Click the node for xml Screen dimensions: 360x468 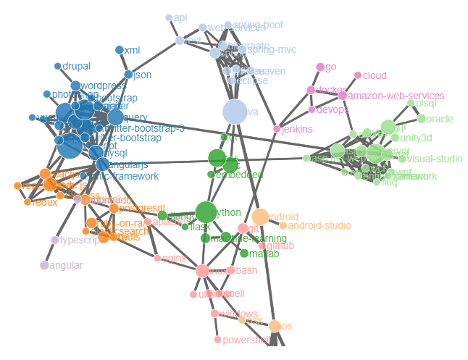tap(120, 50)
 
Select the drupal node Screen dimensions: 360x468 tap(58, 67)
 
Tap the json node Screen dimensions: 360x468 tap(128, 75)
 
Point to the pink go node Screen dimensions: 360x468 tap(320, 67)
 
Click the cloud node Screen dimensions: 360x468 tap(358, 75)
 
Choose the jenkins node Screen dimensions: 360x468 tap(276, 129)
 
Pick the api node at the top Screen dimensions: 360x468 tap(169, 17)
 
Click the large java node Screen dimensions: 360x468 tap(234, 112)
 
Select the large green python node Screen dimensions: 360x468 tap(206, 212)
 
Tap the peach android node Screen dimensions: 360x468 tap(261, 217)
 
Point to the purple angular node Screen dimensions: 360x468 tap(44, 265)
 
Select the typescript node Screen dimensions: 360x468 tap(55, 240)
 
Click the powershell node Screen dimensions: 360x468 tap(217, 339)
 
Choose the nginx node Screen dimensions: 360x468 tap(157, 258)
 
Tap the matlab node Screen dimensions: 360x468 tap(244, 254)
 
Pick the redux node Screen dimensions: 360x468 tap(28, 202)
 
